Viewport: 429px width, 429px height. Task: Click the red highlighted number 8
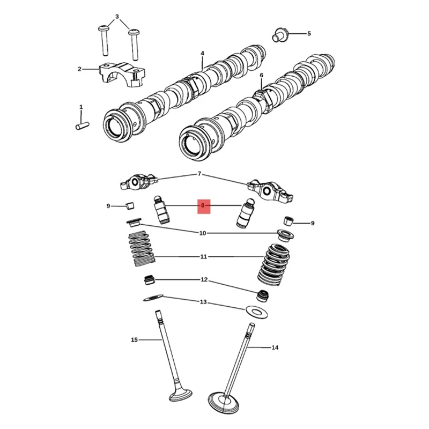(x=203, y=205)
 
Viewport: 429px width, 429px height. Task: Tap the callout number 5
(x=309, y=34)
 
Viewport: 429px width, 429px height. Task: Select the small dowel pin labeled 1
(x=82, y=126)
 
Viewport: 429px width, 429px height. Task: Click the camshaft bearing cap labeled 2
(x=122, y=75)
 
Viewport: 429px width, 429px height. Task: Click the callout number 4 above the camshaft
(x=203, y=53)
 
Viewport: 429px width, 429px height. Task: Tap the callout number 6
(x=262, y=75)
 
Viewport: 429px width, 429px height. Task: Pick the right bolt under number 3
(x=134, y=45)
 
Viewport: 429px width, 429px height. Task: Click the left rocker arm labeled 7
(x=139, y=181)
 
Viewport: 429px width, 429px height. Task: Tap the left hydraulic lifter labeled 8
(x=161, y=210)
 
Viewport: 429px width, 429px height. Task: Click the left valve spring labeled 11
(x=142, y=249)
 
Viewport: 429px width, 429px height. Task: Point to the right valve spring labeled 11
(x=274, y=265)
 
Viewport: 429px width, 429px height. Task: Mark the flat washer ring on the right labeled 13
(x=256, y=312)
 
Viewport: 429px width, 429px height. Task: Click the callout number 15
(x=134, y=340)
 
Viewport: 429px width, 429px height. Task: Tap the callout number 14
(x=275, y=347)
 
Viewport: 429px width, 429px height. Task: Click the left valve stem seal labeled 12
(x=150, y=279)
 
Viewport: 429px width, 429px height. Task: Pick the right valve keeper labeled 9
(x=288, y=221)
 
